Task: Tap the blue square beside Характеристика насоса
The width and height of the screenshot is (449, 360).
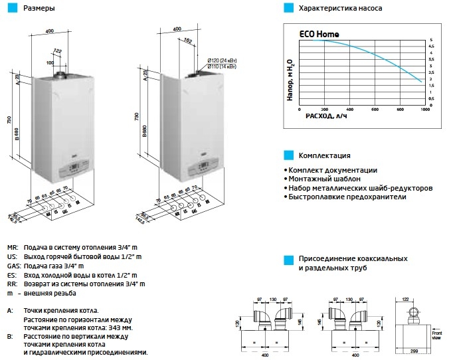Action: coord(288,9)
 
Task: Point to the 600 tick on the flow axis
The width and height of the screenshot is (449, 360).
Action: coord(375,109)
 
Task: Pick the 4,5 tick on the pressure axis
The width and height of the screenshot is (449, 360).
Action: coord(432,46)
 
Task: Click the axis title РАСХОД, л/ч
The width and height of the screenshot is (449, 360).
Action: coord(326,116)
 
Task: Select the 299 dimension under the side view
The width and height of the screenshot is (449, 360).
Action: coord(412,351)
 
